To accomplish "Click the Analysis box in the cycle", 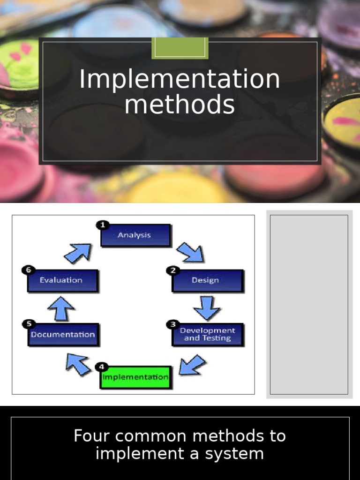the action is (135, 235).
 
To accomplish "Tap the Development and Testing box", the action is (208, 334).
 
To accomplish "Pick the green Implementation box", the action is (135, 377).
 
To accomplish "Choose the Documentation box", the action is (63, 335).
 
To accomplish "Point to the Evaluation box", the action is (62, 280).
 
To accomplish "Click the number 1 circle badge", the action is (102, 225).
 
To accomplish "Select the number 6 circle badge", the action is (28, 270).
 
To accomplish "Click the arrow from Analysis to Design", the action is (190, 252).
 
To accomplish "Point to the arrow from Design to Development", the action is (207, 307).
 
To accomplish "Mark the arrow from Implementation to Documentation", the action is (78, 364).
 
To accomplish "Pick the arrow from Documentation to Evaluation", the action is (61, 308).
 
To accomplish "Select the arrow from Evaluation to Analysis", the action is (78, 253).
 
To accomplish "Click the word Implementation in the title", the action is (180, 79).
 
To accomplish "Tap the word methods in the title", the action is (180, 105).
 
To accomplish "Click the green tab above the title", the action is (180, 48).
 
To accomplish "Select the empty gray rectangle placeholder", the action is (309, 304).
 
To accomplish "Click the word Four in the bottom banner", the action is (91, 436).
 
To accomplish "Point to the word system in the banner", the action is (240, 454).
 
